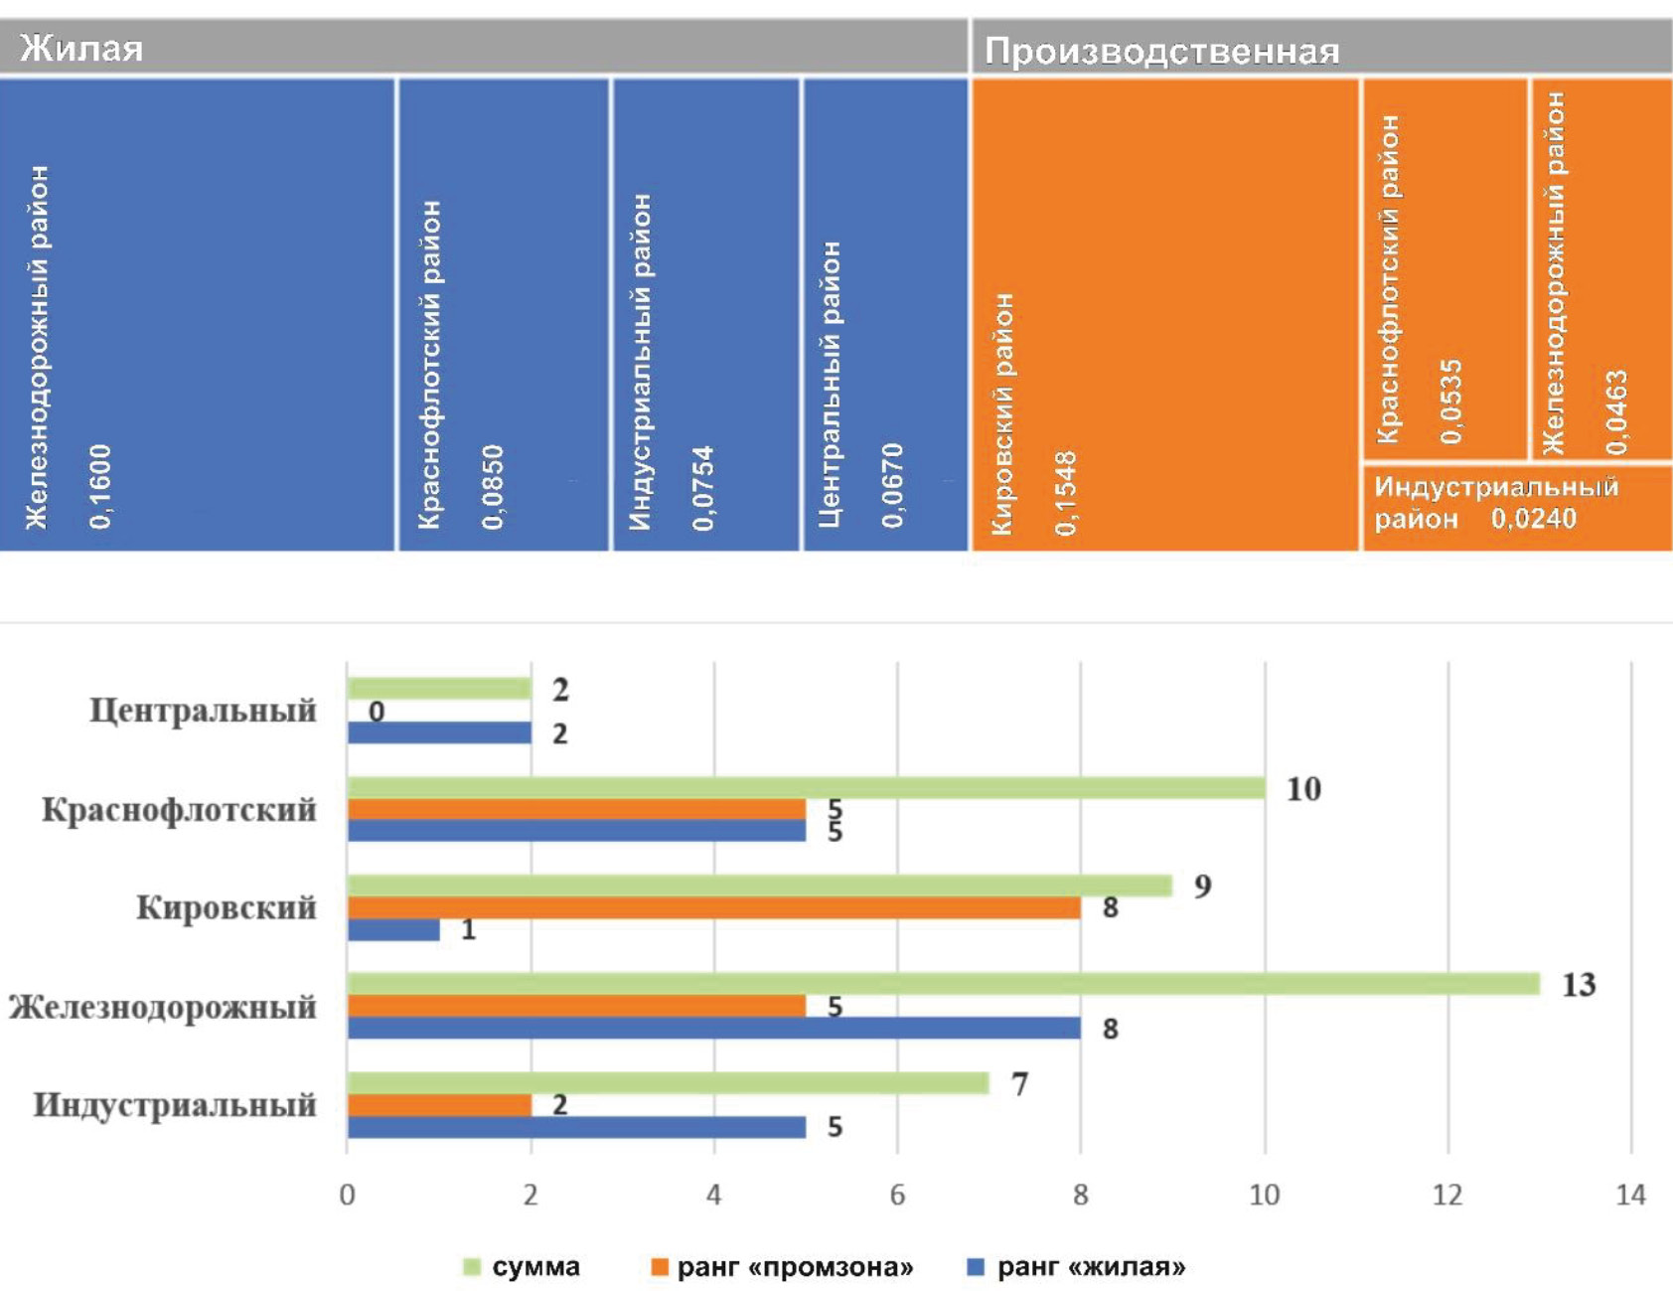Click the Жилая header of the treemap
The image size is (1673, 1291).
pos(81,48)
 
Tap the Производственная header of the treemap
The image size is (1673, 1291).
pos(1161,51)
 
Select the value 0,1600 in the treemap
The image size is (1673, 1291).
pos(100,486)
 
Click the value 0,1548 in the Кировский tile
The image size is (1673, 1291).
pos(1066,493)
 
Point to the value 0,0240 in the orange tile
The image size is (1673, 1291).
pos(1533,518)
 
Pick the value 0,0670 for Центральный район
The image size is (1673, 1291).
pos(892,485)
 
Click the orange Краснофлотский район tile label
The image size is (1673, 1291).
pos(1388,278)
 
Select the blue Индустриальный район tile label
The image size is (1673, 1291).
pos(641,362)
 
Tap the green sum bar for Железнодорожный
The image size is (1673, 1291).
pos(943,984)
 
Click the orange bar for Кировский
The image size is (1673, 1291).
pos(713,907)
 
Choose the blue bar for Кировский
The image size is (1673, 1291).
pos(393,929)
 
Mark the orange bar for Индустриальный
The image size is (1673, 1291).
pos(439,1104)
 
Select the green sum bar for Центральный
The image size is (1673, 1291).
pos(439,689)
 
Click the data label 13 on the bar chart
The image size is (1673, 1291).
pos(1579,985)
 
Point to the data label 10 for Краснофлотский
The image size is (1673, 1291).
pos(1303,789)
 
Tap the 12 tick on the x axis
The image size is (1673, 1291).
pos(1446,1194)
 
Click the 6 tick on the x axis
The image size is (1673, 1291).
pos(897,1194)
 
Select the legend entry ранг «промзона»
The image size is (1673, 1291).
pos(794,1267)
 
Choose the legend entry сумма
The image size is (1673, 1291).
pos(535,1267)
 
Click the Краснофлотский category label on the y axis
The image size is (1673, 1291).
pos(179,810)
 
